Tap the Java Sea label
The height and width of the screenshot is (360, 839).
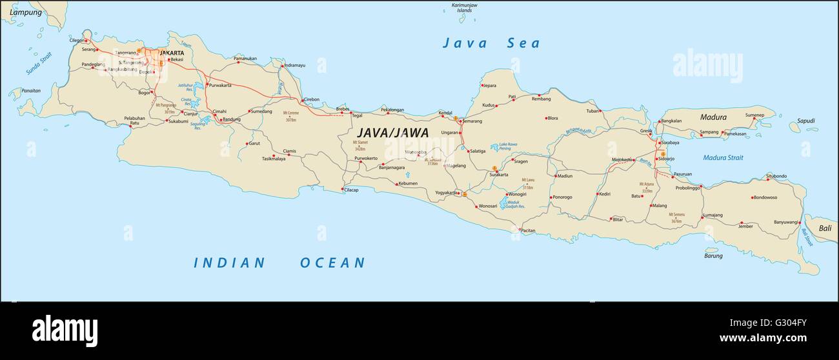[x=491, y=43]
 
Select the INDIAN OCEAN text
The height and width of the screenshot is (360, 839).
[x=279, y=263]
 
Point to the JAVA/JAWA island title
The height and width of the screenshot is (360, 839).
[x=383, y=132]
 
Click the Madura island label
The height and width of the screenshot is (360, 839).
[x=713, y=117]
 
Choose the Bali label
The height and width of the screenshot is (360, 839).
[x=825, y=228]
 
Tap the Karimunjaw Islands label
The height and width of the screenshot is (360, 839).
[x=465, y=8]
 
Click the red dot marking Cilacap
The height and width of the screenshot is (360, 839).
[x=343, y=189]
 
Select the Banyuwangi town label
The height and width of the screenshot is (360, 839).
[x=786, y=222]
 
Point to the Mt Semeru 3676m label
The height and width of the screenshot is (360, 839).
[x=676, y=217]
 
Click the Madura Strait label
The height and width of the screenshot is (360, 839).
[x=723, y=157]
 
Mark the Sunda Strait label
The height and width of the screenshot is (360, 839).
[x=38, y=65]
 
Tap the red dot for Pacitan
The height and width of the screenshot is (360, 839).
[x=520, y=229]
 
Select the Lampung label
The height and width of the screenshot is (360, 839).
[x=21, y=12]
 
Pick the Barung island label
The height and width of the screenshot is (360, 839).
[x=713, y=255]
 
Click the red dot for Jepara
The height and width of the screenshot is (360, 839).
[x=481, y=85]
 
